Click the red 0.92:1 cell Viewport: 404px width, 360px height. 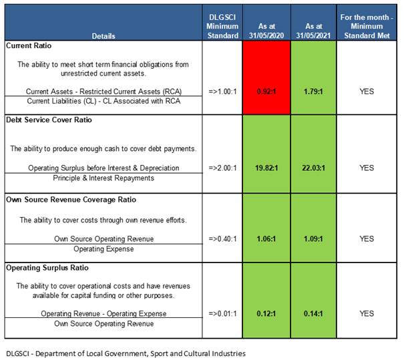(x=265, y=91)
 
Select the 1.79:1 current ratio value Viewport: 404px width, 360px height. (x=313, y=91)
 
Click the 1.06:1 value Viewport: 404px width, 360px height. (x=265, y=239)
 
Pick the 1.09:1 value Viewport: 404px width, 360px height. (x=313, y=239)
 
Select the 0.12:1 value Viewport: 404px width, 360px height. (x=265, y=313)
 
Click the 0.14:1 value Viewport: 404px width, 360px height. (x=313, y=313)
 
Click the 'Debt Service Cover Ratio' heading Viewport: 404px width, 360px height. (x=49, y=120)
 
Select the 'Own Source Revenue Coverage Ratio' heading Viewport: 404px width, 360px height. (x=68, y=199)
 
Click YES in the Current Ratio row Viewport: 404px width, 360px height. (x=367, y=91)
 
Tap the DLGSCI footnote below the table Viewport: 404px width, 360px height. (x=125, y=352)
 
